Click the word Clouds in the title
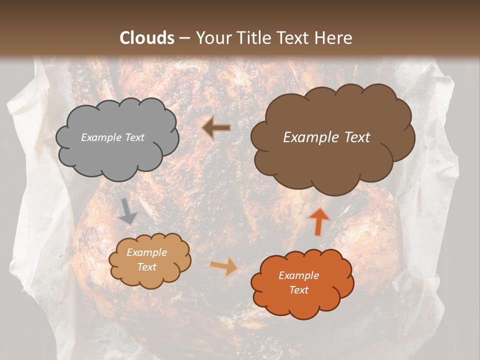click(x=147, y=38)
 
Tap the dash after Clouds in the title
click(x=184, y=38)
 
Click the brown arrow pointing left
click(x=216, y=128)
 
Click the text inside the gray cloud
click(x=112, y=137)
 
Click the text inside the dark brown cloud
click(x=326, y=137)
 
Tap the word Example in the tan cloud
click(x=146, y=253)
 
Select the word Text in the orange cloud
click(x=298, y=290)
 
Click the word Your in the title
click(x=210, y=38)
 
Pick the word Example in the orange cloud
click(x=298, y=275)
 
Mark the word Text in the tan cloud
click(x=146, y=267)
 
